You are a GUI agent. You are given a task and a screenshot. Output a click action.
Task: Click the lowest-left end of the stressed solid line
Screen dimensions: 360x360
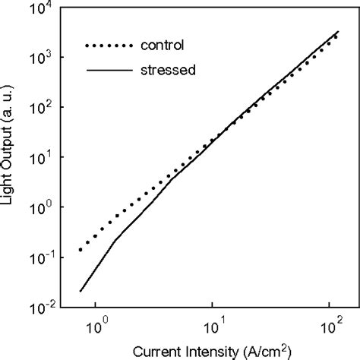pyautogui.click(x=80, y=291)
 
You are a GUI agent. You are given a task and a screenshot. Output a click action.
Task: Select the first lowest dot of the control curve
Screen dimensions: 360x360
pyautogui.click(x=81, y=250)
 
